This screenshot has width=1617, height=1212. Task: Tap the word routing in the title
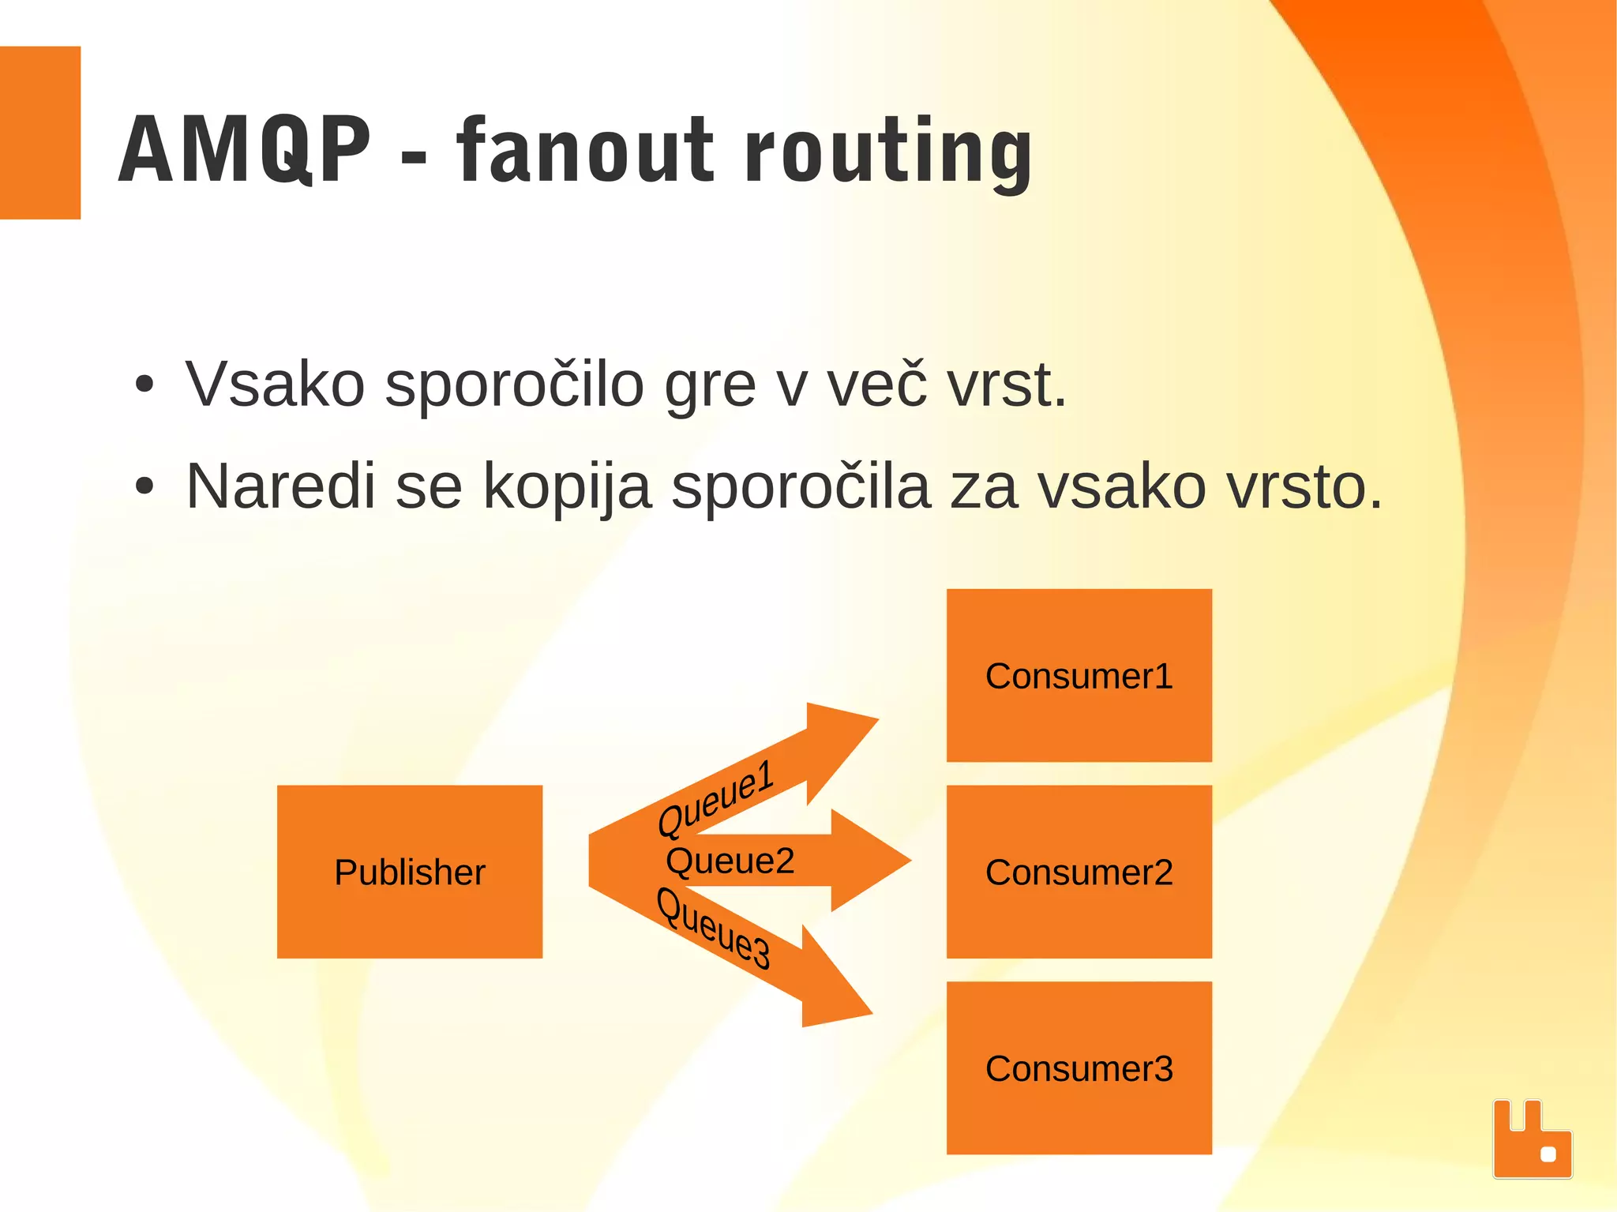[x=889, y=152]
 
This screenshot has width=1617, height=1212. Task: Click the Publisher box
[x=409, y=872]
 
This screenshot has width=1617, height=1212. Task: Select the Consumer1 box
[x=1079, y=675]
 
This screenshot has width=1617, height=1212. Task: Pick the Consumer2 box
[x=1079, y=872]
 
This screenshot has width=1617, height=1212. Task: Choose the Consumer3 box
[x=1079, y=1068]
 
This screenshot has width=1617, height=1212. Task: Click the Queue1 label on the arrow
[x=715, y=797]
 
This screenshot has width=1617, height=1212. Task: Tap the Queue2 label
[x=730, y=861]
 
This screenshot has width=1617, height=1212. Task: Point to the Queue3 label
[x=714, y=929]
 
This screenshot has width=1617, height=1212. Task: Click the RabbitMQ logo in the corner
[x=1532, y=1139]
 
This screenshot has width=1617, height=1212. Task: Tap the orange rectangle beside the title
[x=39, y=132]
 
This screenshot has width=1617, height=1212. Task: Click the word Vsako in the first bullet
[x=275, y=385]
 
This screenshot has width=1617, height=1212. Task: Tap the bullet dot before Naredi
[x=144, y=486]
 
